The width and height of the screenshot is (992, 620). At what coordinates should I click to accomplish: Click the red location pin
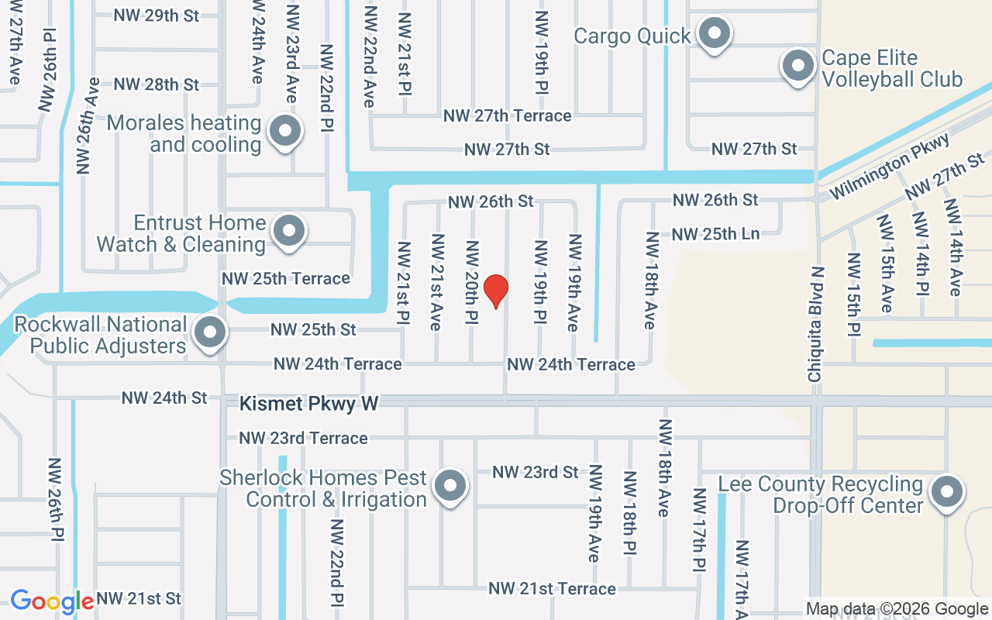pos(496,291)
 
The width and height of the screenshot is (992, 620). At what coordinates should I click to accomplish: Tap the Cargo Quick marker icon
pos(714,34)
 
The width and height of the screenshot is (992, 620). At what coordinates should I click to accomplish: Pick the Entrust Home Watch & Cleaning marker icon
pos(290,230)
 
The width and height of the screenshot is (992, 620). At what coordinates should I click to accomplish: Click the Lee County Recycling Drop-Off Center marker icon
pos(945,492)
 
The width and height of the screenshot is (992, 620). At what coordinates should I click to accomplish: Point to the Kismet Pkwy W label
pos(308,404)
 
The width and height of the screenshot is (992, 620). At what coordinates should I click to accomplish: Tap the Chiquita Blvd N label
pos(815,324)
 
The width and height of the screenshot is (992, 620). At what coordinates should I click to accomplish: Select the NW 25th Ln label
pos(715,233)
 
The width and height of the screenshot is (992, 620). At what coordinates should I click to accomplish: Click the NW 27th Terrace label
pos(508,115)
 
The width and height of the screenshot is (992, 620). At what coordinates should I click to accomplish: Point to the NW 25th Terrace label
pos(286,278)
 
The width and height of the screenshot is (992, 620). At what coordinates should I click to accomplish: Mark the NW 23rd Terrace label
pos(303,438)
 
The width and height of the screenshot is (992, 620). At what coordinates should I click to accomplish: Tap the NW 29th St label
pos(156,15)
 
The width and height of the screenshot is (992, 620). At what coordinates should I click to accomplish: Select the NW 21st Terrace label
pos(552,589)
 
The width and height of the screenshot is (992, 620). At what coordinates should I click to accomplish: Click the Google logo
pos(52,601)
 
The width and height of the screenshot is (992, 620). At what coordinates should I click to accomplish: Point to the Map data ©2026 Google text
pos(897,609)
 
